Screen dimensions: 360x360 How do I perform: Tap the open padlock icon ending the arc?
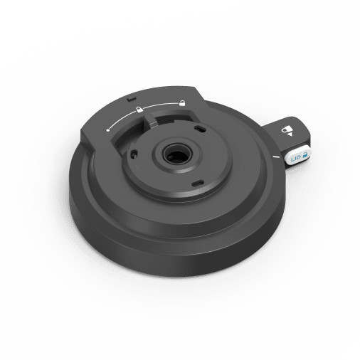click(182, 102)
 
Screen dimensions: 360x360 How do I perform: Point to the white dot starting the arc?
click(107, 130)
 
